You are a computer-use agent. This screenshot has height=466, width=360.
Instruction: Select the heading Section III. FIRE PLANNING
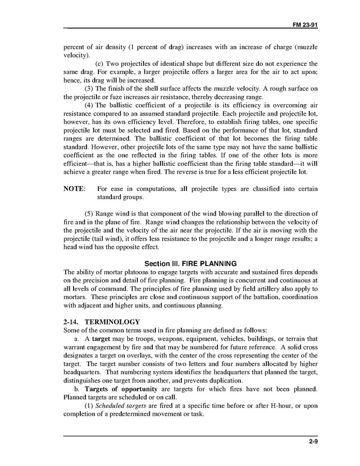[x=190, y=263]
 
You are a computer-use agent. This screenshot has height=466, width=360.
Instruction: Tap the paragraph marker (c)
[x=100, y=63]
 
